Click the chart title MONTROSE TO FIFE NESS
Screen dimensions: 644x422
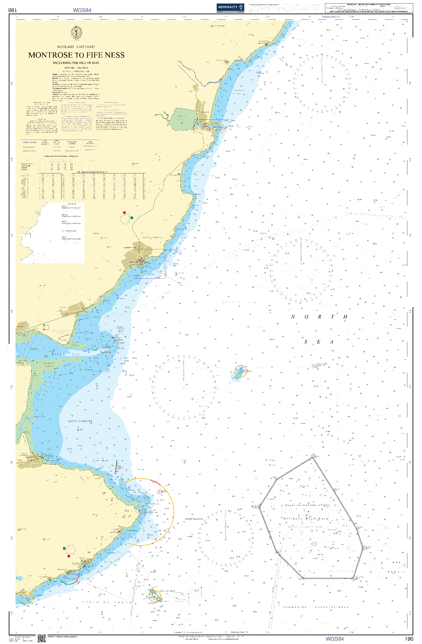[76, 55]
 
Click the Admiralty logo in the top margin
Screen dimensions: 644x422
[230, 8]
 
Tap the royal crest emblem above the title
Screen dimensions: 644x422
[76, 33]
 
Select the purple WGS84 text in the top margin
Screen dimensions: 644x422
[82, 10]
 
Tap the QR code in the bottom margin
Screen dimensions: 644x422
[41, 638]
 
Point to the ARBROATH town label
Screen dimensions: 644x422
[130, 248]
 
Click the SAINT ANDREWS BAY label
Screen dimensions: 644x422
[80, 425]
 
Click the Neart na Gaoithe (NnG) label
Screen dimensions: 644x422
[308, 505]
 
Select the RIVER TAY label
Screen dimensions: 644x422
[66, 354]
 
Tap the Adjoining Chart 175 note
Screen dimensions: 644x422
[239, 632]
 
